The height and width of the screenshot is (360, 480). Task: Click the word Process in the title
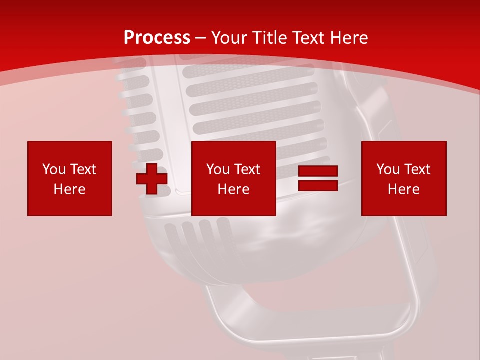(157, 38)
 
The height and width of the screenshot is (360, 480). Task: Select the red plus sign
(152, 178)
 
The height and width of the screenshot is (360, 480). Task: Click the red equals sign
(318, 178)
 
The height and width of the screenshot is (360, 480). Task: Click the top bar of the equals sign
(318, 171)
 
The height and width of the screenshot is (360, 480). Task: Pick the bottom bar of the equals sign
(318, 186)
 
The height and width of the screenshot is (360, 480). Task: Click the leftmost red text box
(70, 178)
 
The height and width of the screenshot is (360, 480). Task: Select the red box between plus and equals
(233, 178)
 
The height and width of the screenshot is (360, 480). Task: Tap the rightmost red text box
(404, 178)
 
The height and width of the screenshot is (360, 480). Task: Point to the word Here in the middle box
(233, 189)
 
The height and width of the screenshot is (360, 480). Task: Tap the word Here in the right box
(404, 189)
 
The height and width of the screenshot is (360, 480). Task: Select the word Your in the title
(229, 38)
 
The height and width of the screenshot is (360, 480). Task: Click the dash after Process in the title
(200, 38)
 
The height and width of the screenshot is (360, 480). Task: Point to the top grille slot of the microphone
(247, 71)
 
